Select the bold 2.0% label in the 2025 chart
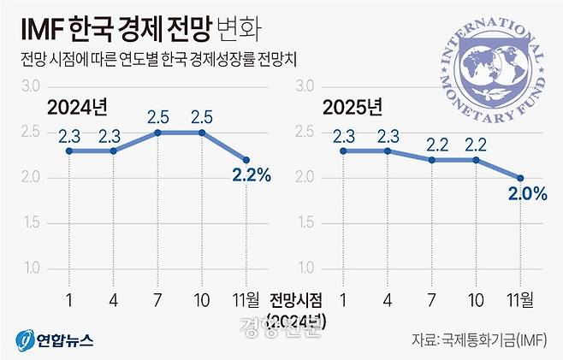pos(526,193)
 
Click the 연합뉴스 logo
pos(53,339)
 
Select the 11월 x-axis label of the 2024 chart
pos(248,300)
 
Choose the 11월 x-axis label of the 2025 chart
pos(520,300)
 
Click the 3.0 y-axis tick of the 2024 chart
pos(32,86)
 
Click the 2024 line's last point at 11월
pos(247,159)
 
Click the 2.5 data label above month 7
pos(157,115)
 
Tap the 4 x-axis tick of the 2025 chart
pos(388,300)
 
